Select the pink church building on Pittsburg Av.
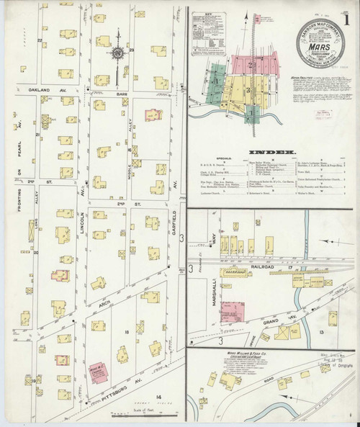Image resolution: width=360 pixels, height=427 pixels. click(96, 372)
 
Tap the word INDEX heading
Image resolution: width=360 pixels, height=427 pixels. click(274, 153)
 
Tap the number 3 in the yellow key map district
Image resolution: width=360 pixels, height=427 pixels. click(247, 90)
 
